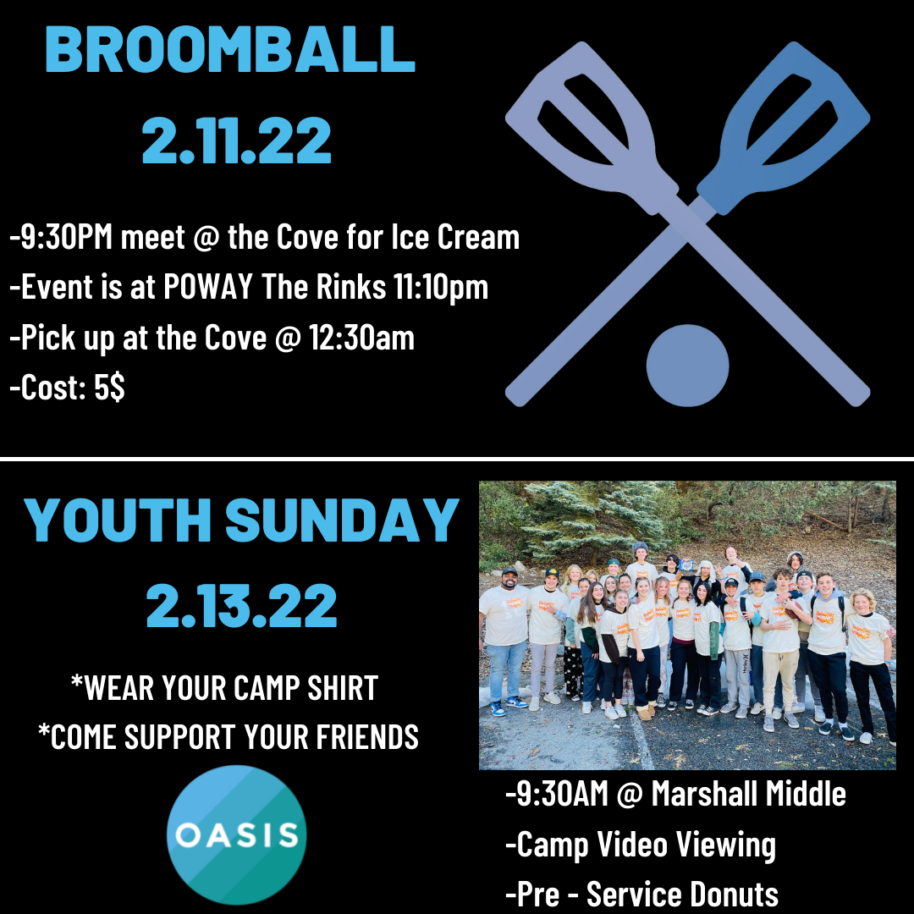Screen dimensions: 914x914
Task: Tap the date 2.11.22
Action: coord(237,140)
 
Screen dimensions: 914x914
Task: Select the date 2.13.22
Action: coord(241,606)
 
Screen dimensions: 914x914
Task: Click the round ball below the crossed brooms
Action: coord(688,366)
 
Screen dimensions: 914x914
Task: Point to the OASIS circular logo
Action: coord(237,834)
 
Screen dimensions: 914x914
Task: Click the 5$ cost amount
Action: coord(109,388)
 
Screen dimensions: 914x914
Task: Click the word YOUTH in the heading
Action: coord(117,520)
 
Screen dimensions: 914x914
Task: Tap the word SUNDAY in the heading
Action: coord(342,520)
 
